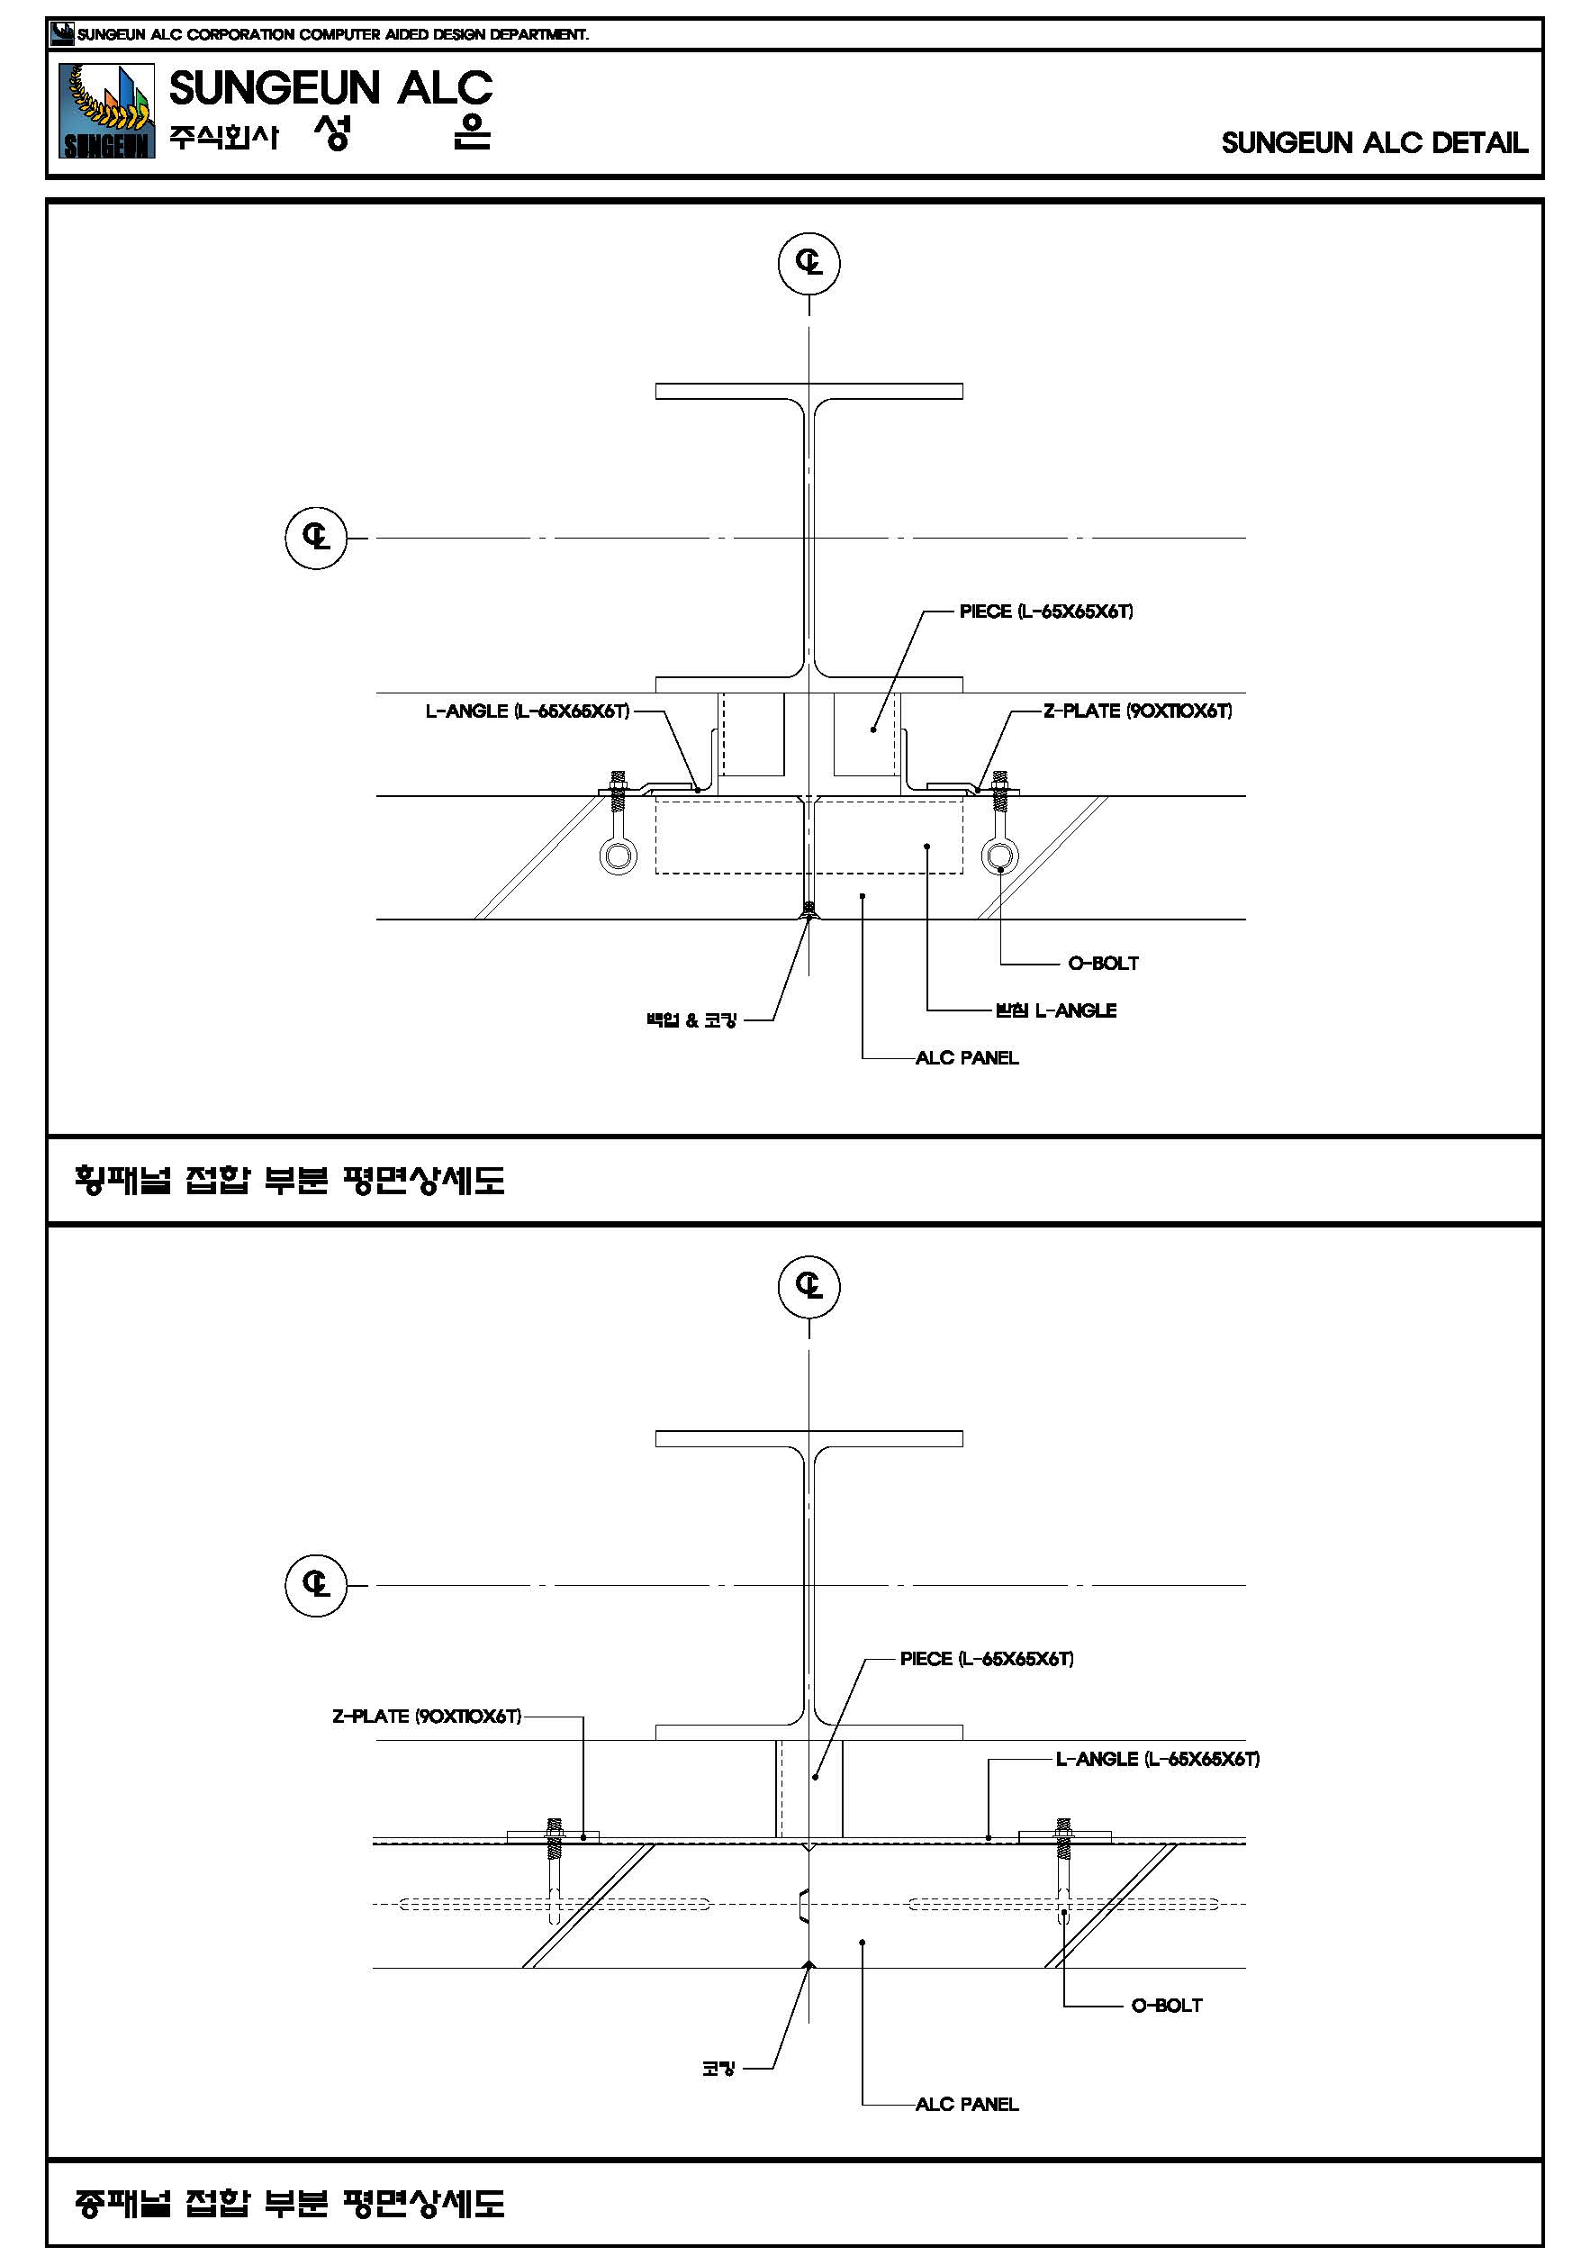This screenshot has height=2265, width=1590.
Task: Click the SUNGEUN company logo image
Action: (106, 111)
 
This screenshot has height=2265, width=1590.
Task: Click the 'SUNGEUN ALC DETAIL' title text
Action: (1374, 143)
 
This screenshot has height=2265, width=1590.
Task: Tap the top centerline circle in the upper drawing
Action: (809, 262)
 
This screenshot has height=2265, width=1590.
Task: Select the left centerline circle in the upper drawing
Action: (316, 538)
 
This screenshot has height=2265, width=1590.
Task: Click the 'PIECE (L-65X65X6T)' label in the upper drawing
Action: (1045, 612)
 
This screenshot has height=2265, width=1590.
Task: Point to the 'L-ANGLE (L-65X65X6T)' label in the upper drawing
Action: (527, 711)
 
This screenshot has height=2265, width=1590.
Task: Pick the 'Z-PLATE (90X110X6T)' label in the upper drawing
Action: (1137, 711)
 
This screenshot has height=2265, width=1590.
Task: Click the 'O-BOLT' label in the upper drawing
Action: (1103, 963)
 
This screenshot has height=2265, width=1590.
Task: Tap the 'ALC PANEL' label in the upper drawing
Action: (967, 1057)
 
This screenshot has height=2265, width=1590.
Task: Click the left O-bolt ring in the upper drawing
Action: (619, 854)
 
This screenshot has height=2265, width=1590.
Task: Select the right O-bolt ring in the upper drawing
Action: (1000, 854)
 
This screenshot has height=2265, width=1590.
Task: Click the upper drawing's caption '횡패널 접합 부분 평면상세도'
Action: (289, 1180)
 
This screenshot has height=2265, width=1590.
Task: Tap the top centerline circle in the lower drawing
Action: (809, 1285)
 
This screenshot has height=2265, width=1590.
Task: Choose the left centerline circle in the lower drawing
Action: (316, 1584)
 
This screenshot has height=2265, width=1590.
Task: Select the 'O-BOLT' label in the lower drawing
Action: (1166, 2006)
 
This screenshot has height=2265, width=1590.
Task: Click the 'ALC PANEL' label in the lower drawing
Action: (967, 2104)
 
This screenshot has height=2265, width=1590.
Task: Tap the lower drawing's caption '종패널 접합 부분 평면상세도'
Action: (289, 2204)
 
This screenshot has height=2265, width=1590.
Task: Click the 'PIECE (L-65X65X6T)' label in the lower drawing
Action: (987, 1659)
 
